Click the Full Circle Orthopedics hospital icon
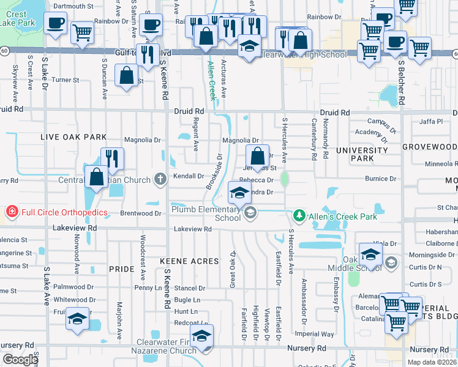(x=11, y=212)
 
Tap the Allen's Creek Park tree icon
(x=299, y=215)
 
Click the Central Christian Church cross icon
(x=160, y=179)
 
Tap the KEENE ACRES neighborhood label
(x=189, y=261)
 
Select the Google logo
(x=20, y=360)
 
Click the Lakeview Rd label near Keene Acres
(x=192, y=229)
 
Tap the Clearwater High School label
(x=302, y=54)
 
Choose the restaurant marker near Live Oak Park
(x=112, y=158)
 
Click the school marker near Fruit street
(x=78, y=320)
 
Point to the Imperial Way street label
(x=314, y=335)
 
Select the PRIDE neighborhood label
(x=121, y=269)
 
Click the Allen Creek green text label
(x=212, y=80)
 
